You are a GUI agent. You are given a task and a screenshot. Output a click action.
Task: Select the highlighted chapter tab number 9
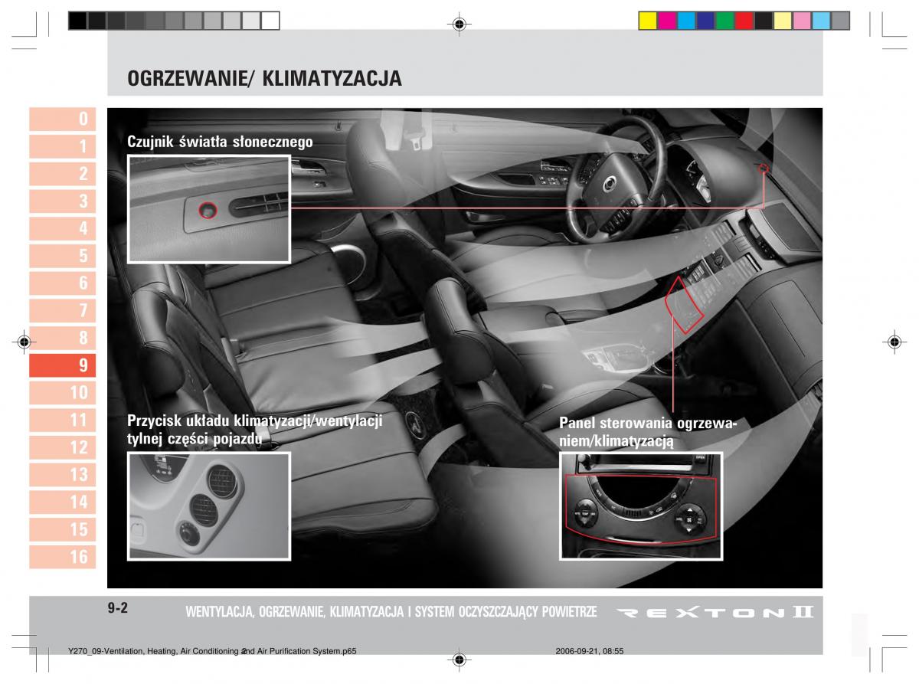tap(62, 365)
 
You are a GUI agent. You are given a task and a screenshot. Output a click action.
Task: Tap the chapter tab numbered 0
tap(62, 119)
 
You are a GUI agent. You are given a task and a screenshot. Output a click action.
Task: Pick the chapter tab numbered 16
tap(62, 556)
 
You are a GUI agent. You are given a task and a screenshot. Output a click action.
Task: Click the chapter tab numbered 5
tap(62, 255)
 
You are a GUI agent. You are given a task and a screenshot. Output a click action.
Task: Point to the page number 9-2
tap(118, 608)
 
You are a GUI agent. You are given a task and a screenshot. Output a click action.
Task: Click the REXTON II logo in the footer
tap(715, 612)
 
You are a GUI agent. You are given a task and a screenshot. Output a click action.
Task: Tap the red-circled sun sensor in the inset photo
tap(208, 210)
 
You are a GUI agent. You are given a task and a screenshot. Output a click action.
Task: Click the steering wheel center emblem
tap(608, 182)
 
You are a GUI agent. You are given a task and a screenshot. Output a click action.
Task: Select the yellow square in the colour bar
tap(648, 21)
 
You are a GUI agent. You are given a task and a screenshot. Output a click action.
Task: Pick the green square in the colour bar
tap(724, 21)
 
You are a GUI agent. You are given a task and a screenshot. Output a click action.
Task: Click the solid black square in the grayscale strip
tap(77, 21)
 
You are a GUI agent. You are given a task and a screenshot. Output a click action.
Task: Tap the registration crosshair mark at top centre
tap(459, 24)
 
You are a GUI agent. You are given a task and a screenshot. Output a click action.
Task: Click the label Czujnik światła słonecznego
tap(220, 142)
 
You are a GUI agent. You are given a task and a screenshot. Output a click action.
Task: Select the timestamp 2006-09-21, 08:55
tap(589, 651)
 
